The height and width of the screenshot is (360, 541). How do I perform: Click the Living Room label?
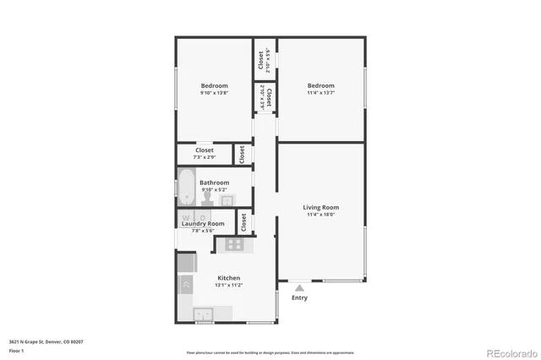pos(320,207)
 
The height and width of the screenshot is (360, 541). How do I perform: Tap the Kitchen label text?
pos(229,278)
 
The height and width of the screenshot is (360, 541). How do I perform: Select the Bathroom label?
pos(214,183)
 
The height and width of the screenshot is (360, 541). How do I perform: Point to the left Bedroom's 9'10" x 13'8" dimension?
pos(214,93)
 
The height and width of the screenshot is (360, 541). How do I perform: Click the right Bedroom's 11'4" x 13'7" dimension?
pos(320,93)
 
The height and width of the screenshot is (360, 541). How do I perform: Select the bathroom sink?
pos(227,200)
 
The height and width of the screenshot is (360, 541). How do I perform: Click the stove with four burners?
pos(234,244)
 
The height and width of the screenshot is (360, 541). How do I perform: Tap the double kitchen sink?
pos(205,314)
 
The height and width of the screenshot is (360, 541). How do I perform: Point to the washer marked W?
pos(186,217)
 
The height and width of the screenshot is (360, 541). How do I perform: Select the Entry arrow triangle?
pos(298,288)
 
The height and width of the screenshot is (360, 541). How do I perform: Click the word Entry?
pos(299,297)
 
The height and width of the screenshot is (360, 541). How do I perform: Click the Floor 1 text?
pos(16,350)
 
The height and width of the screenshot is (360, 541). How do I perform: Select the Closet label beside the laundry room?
pos(243,222)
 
